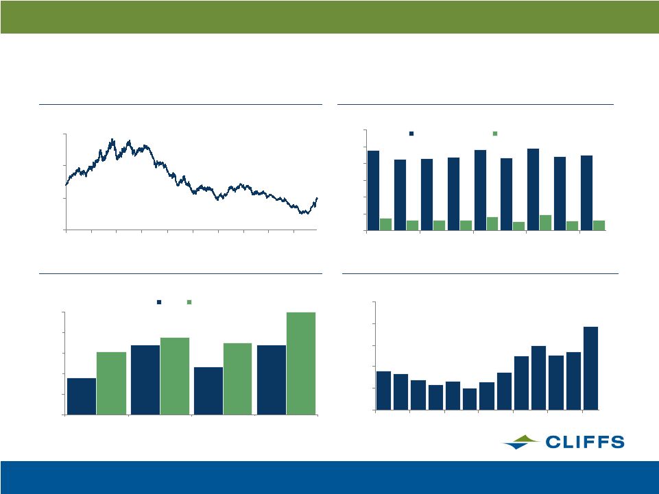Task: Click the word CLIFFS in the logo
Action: point(585,442)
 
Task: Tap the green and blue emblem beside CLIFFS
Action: point(521,442)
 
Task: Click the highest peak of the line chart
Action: point(112,139)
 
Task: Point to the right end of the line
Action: point(317,198)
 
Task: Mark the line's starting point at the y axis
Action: point(66,184)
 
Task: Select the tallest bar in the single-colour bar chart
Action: point(590,368)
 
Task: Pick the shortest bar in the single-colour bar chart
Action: point(470,399)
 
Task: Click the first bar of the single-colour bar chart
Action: point(383,391)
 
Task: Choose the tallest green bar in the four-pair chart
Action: point(301,363)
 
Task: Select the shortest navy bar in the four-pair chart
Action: point(82,396)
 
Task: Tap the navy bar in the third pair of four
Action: point(208,391)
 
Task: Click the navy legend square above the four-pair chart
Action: point(159,302)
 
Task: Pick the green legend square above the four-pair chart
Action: point(189,302)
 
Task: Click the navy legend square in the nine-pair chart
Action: point(411,134)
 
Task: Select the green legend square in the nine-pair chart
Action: point(495,134)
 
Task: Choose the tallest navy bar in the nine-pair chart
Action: point(533,190)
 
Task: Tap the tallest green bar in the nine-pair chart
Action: point(546,223)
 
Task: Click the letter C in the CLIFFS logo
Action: point(552,442)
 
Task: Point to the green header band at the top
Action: point(329,17)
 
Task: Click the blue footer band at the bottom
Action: point(329,477)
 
